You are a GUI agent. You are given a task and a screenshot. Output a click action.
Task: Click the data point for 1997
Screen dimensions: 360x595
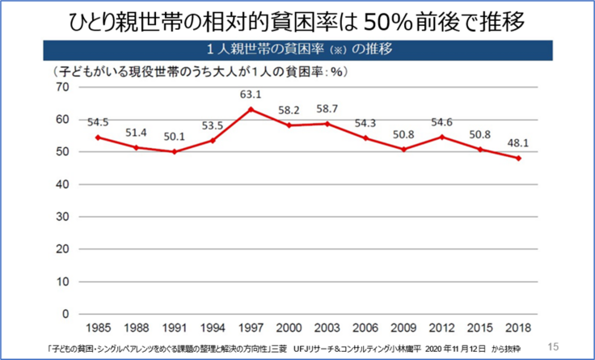click(x=252, y=109)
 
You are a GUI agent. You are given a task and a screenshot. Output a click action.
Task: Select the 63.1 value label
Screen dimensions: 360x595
click(x=252, y=95)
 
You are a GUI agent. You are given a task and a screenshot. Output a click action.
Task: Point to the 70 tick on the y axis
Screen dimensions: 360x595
click(x=63, y=87)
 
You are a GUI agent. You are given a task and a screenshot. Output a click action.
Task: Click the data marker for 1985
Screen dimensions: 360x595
click(x=98, y=138)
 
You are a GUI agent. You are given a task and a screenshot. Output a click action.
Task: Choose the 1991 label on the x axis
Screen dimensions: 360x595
click(x=175, y=329)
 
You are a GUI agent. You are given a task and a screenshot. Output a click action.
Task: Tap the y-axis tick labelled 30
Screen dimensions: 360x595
click(x=63, y=217)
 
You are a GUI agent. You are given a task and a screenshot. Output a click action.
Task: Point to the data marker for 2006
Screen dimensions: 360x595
click(x=366, y=138)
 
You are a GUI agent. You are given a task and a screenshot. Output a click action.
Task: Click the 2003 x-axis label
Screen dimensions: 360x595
click(x=328, y=329)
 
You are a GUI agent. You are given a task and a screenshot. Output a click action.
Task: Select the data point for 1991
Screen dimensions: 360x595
click(x=175, y=151)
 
